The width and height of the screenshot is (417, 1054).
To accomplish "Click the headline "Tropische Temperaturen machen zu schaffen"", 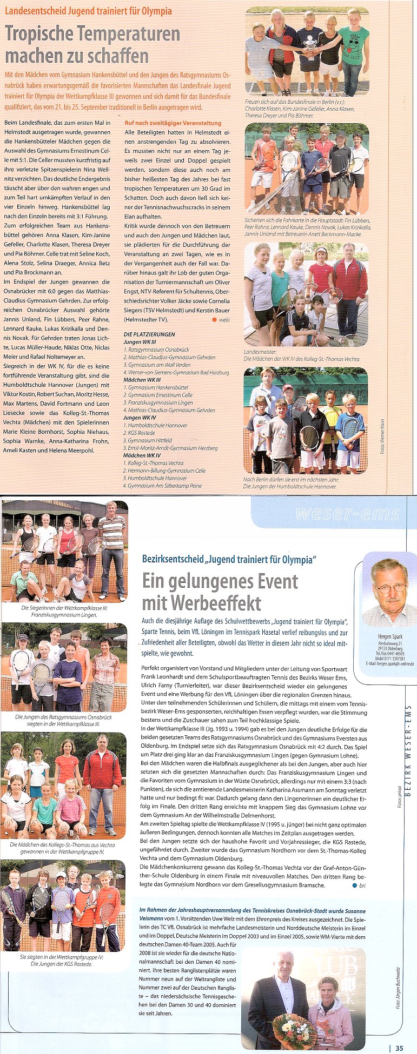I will pyautogui.click(x=92, y=45).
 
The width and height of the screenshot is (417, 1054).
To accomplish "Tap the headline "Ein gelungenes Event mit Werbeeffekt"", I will pyautogui.click(x=220, y=592).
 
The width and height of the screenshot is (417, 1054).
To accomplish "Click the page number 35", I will pyautogui.click(x=399, y=1048).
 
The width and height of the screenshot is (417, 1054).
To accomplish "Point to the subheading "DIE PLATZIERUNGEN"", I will pyautogui.click(x=149, y=334).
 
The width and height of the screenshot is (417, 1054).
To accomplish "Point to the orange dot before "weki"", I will pyautogui.click(x=214, y=320).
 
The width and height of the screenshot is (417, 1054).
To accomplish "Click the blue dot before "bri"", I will pyautogui.click(x=355, y=885).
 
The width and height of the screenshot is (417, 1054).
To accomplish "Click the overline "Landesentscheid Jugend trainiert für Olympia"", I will pyautogui.click(x=89, y=11).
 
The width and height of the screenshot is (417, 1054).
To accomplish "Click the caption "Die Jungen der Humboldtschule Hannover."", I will pyautogui.click(x=290, y=486).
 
